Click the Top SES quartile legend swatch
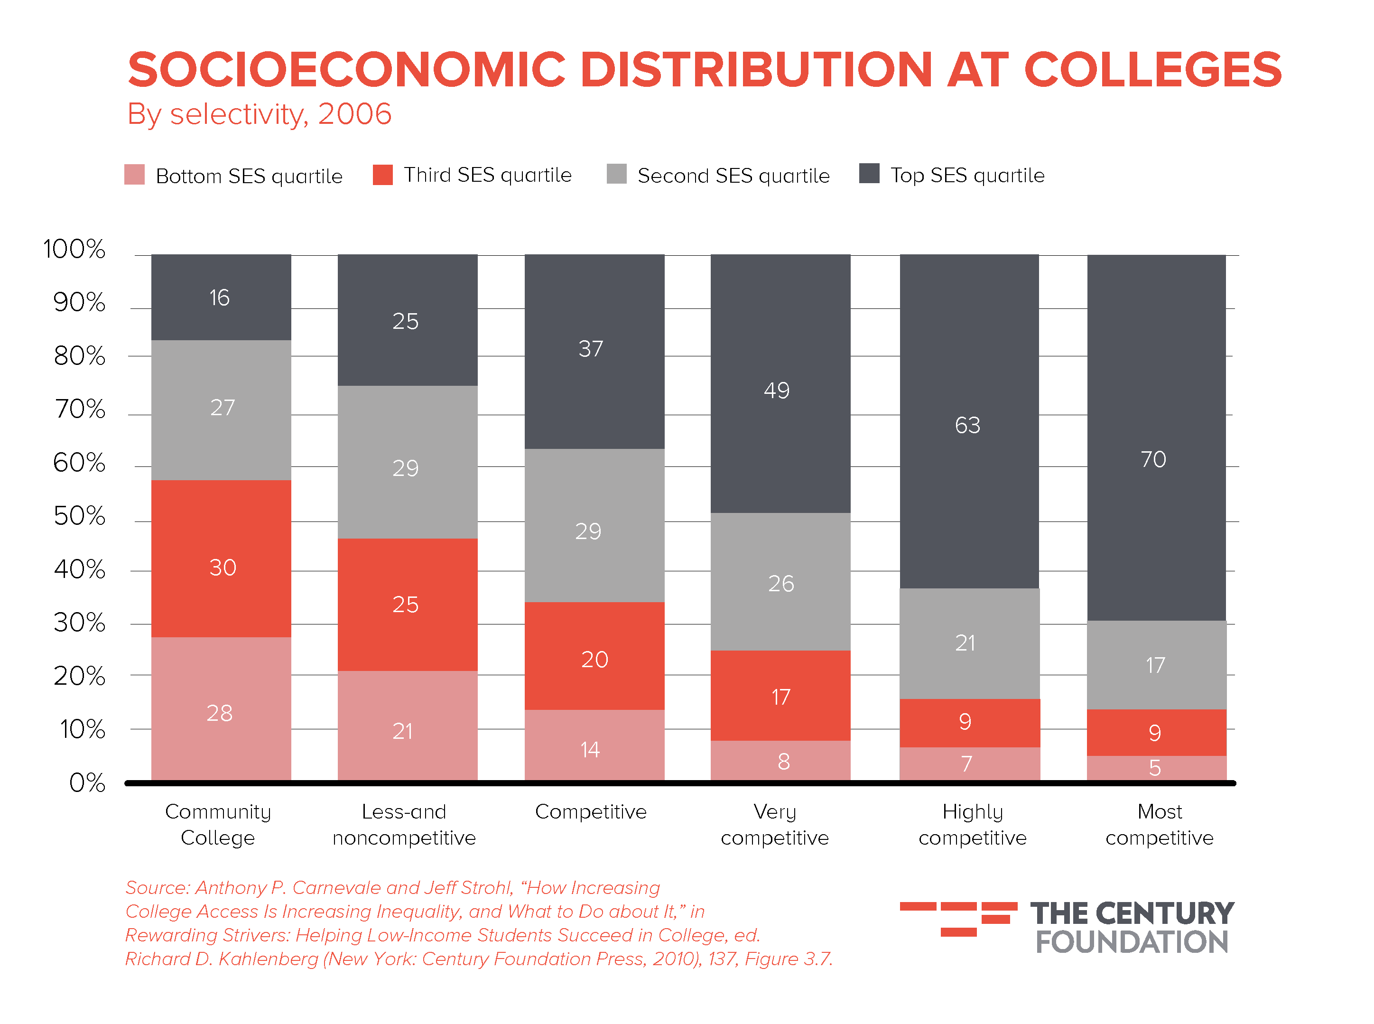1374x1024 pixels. click(868, 174)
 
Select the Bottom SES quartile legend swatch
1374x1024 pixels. click(134, 174)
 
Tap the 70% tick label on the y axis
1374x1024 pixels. click(80, 409)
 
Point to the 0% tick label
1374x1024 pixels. click(87, 783)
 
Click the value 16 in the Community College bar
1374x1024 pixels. click(219, 298)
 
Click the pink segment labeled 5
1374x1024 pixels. click(1156, 768)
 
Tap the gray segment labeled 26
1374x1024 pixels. click(780, 582)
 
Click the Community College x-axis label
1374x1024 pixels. click(218, 824)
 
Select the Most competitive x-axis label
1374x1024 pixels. click(1159, 824)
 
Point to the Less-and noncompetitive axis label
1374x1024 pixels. click(404, 824)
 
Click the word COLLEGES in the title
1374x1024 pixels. click(1153, 69)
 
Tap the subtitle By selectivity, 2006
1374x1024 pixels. click(259, 114)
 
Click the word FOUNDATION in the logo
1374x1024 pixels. click(1132, 942)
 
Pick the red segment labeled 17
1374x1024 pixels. click(780, 696)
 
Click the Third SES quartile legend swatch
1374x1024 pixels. click(382, 174)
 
